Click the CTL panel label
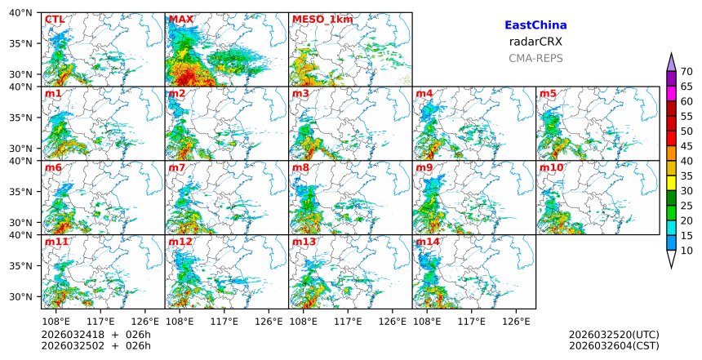(x=55, y=20)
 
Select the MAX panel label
(x=180, y=20)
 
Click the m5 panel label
(x=548, y=94)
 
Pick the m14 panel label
(x=427, y=242)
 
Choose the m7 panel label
(x=177, y=168)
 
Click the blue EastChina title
(x=535, y=25)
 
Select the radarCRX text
(x=535, y=42)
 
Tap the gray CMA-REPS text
(x=535, y=59)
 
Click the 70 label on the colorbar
(x=687, y=72)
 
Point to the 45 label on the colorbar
(x=687, y=146)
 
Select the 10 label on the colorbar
(x=687, y=251)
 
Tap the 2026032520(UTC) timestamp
(x=614, y=335)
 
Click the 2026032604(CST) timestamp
(x=614, y=346)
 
